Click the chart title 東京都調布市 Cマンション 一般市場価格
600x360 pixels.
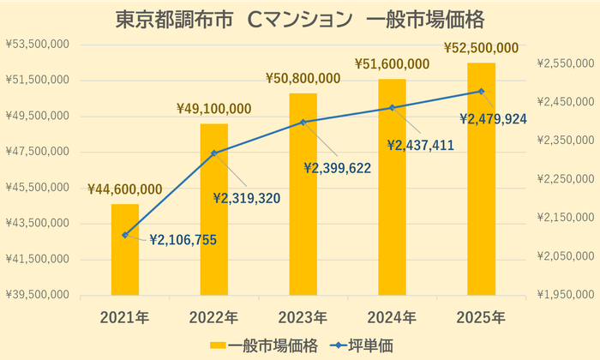click(x=300, y=20)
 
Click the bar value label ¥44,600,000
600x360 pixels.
click(x=125, y=189)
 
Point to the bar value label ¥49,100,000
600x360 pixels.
click(x=214, y=109)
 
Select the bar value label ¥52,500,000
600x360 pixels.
click(x=481, y=48)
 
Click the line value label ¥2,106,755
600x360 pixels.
click(x=183, y=241)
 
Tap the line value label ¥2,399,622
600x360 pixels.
click(x=349, y=168)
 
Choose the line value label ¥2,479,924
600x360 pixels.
click(x=493, y=119)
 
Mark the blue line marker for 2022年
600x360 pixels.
click(x=214, y=153)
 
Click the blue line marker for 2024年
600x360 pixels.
click(x=393, y=108)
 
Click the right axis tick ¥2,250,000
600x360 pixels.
click(x=564, y=179)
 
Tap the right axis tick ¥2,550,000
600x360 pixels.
click(x=564, y=63)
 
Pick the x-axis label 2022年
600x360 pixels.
click(x=214, y=317)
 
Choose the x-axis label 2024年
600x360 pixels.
click(x=393, y=317)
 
